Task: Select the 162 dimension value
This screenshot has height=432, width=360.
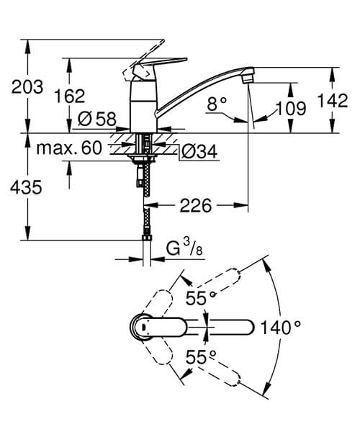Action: (x=69, y=96)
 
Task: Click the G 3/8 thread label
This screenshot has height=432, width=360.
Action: (x=181, y=250)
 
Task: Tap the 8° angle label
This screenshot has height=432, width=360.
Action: (x=216, y=104)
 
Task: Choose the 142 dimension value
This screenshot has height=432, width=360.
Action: (x=333, y=102)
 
